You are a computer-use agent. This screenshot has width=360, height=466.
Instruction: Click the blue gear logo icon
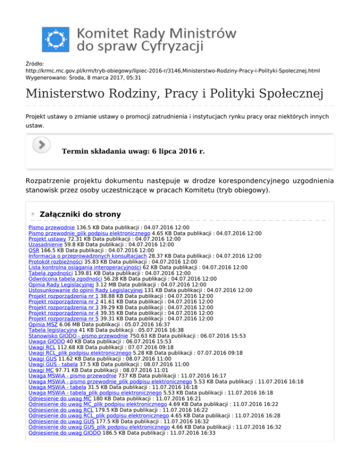[55, 39]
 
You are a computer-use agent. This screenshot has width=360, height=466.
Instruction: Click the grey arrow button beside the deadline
[42, 144]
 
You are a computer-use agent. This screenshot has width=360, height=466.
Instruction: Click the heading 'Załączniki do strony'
[80, 214]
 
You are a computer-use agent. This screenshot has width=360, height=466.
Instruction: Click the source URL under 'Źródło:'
[173, 71]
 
